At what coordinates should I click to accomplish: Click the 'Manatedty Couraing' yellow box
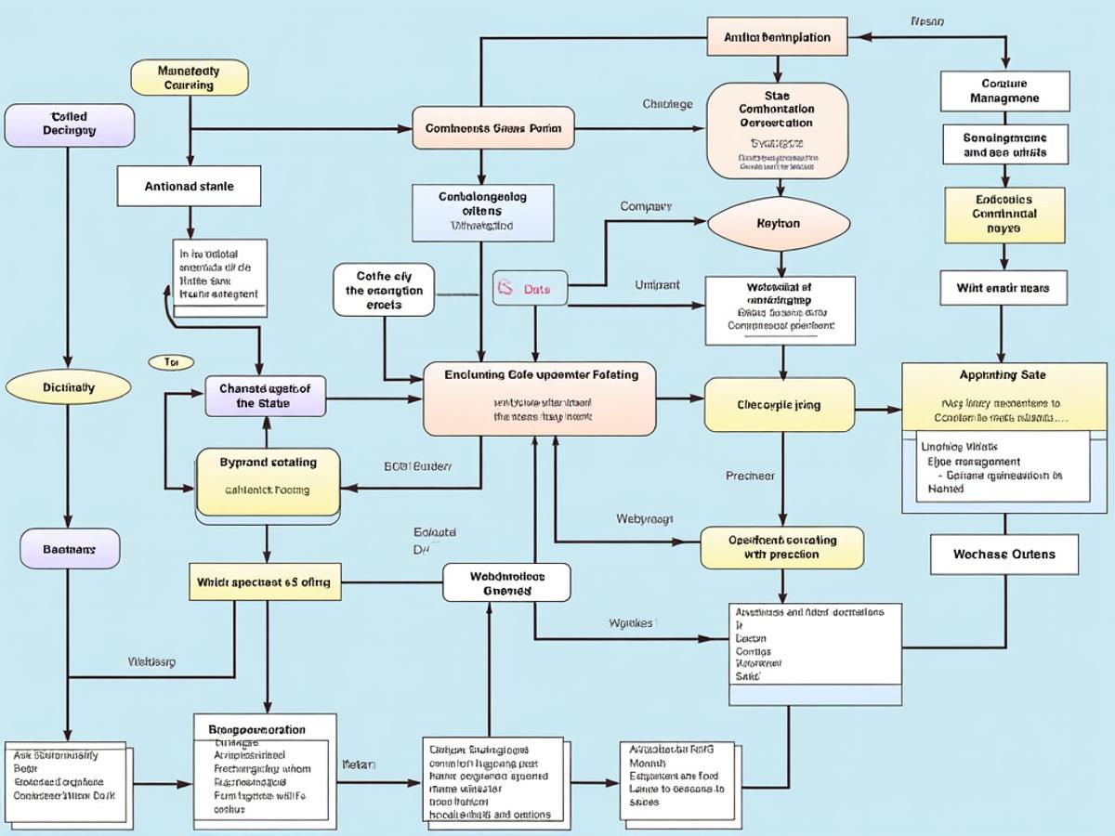coord(190,78)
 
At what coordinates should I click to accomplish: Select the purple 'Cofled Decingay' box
coord(69,124)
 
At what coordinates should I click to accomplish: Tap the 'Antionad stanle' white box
coord(189,186)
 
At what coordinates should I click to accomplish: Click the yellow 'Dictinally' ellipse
coord(68,387)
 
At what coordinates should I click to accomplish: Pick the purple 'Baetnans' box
coord(70,549)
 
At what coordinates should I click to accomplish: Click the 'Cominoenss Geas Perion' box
coord(492,128)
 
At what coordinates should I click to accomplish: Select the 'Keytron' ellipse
coord(779,224)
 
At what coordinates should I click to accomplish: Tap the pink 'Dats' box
coord(529,289)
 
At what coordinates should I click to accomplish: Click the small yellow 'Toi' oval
coord(171,362)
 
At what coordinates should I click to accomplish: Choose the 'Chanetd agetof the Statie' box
coord(265,397)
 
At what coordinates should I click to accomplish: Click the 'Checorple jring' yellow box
coord(779,405)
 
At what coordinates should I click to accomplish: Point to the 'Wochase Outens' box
coord(1004,555)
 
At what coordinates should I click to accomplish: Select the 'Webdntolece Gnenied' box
coord(506,583)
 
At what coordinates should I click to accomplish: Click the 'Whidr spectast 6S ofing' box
coord(264,582)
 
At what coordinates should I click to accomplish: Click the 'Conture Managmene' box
coord(1003,91)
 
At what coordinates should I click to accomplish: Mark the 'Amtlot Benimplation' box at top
coord(777,37)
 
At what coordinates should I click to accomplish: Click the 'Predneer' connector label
coord(749,476)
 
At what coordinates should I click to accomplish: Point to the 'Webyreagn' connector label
coord(644,518)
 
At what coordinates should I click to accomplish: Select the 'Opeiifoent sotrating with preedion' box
coord(781,547)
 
